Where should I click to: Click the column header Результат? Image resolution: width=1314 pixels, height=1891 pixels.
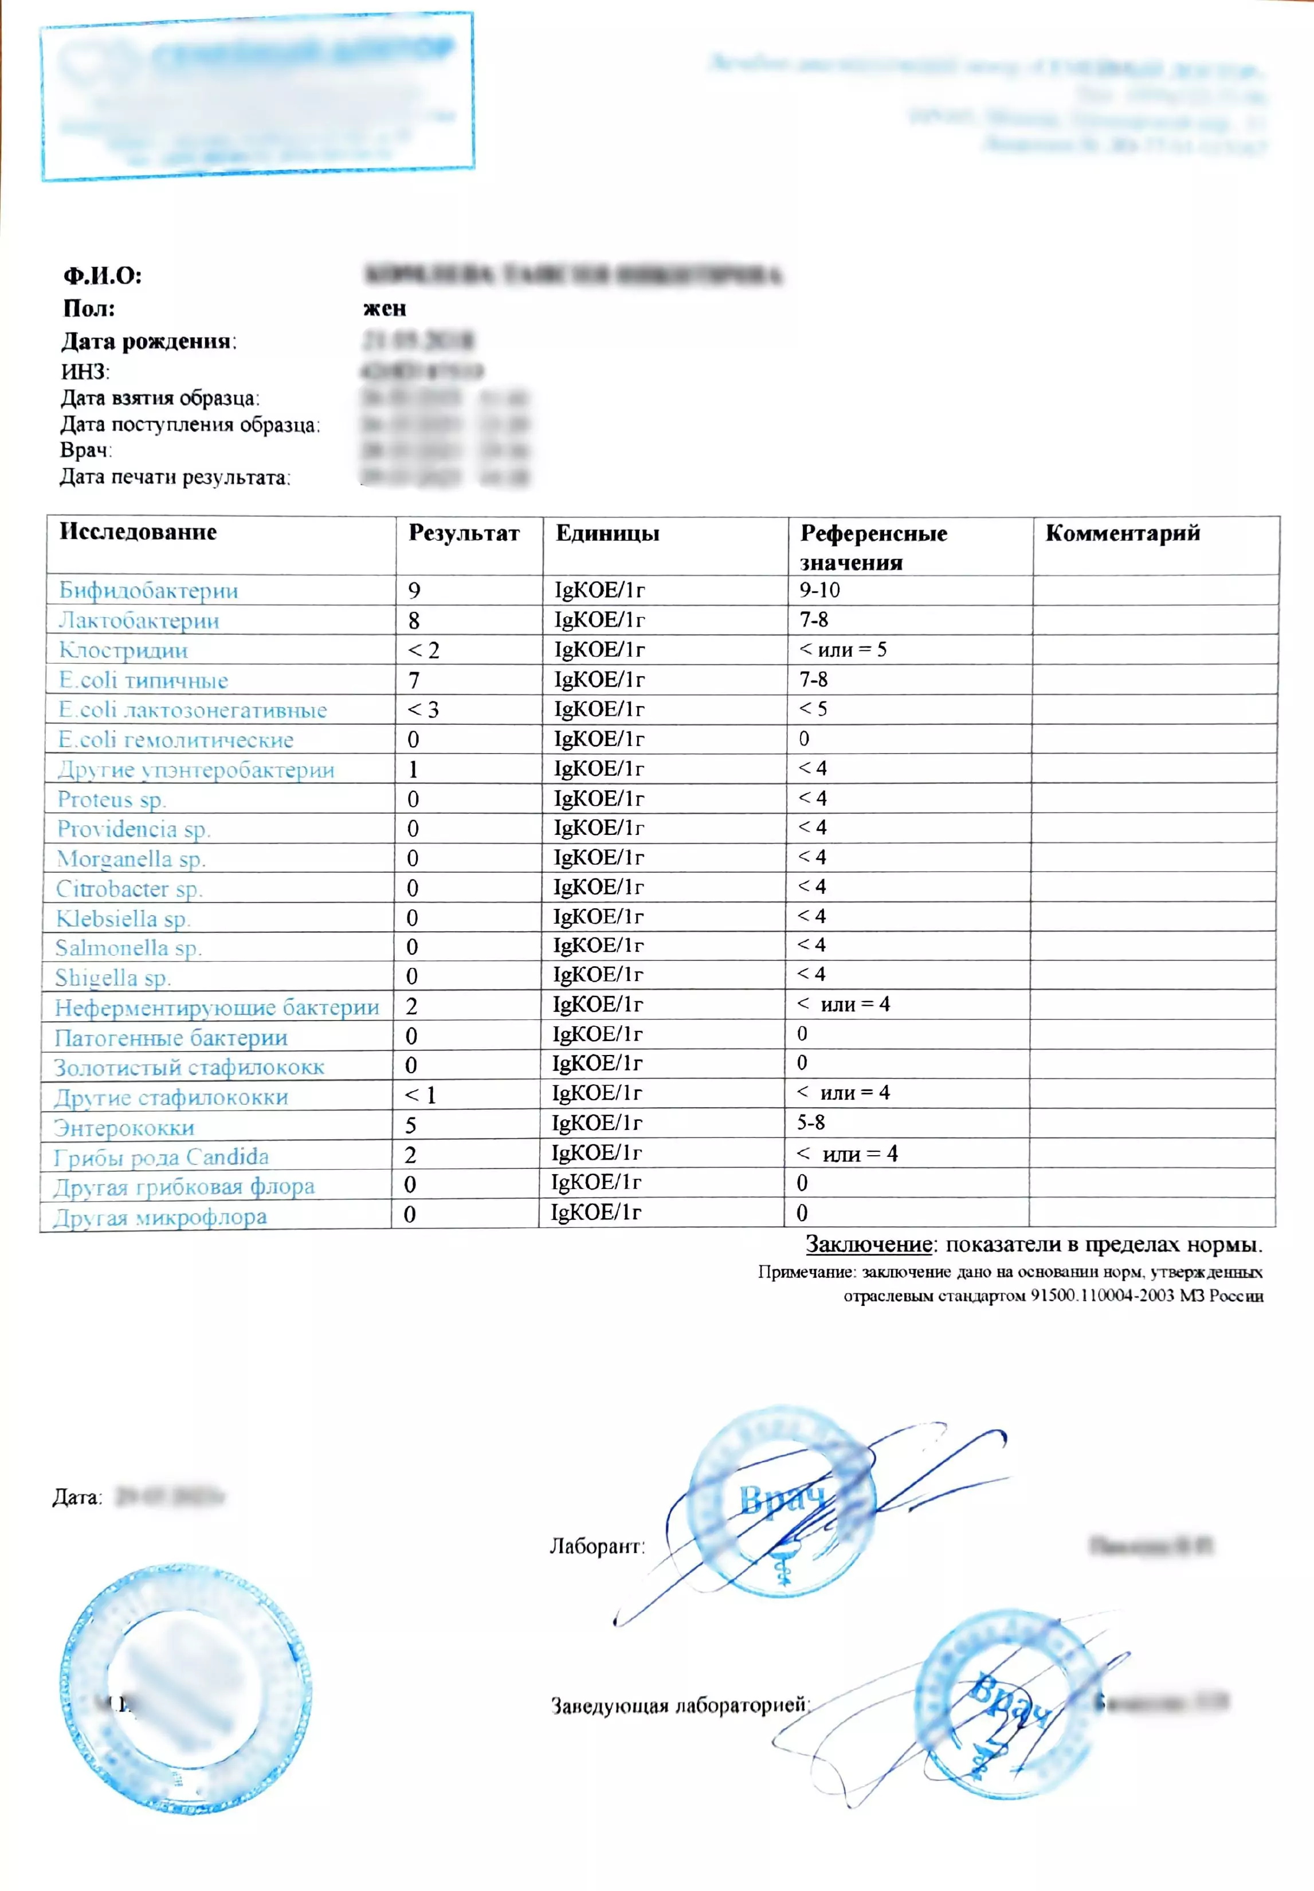(464, 533)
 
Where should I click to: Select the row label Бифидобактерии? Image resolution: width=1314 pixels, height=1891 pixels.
(148, 590)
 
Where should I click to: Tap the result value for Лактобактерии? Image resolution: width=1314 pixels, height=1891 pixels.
(414, 620)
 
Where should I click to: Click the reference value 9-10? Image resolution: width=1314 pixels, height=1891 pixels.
(819, 590)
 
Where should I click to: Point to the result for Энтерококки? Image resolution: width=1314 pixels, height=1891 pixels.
(411, 1124)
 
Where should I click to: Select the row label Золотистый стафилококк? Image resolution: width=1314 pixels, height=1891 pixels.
(189, 1068)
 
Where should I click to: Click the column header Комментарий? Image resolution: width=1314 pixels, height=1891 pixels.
(1122, 533)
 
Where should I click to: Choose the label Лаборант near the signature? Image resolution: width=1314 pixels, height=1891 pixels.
(596, 1547)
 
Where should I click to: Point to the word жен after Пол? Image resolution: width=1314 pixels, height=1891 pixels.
(385, 309)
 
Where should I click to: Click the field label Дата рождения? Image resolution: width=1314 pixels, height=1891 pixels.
(147, 341)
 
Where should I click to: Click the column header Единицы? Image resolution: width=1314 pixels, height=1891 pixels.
(607, 533)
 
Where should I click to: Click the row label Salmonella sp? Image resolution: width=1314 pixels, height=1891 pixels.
(128, 948)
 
